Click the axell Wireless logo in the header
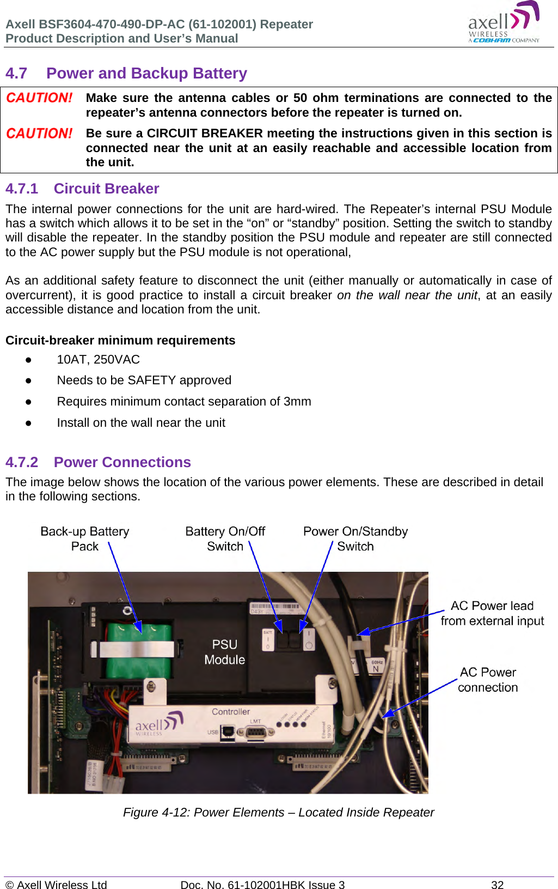click(x=504, y=23)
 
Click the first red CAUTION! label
click(x=39, y=98)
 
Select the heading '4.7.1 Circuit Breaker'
click(x=82, y=189)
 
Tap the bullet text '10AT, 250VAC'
click(x=98, y=360)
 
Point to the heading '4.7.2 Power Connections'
click(x=98, y=462)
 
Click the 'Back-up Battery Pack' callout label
click(x=85, y=539)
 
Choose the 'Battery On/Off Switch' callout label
click(x=225, y=539)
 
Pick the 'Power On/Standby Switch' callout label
click(x=355, y=539)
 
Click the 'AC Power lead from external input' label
click(x=492, y=613)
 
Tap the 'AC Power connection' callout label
click(x=488, y=680)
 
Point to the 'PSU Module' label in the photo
click(x=225, y=652)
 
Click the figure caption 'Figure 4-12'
click(x=278, y=812)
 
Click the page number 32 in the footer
click(x=497, y=885)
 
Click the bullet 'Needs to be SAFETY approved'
click(x=144, y=380)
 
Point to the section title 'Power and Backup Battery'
click(x=146, y=73)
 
